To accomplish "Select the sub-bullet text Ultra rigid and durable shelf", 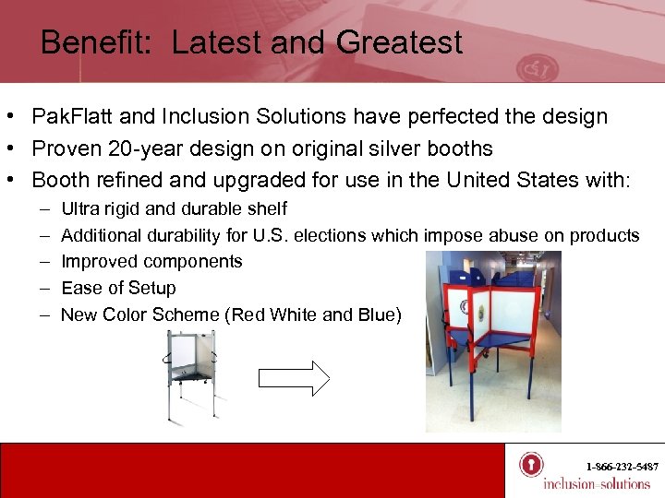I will click(x=174, y=209).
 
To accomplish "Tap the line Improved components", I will click(x=151, y=262).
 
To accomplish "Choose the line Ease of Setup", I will click(x=118, y=288).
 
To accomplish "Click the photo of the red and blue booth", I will click(x=493, y=341).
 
